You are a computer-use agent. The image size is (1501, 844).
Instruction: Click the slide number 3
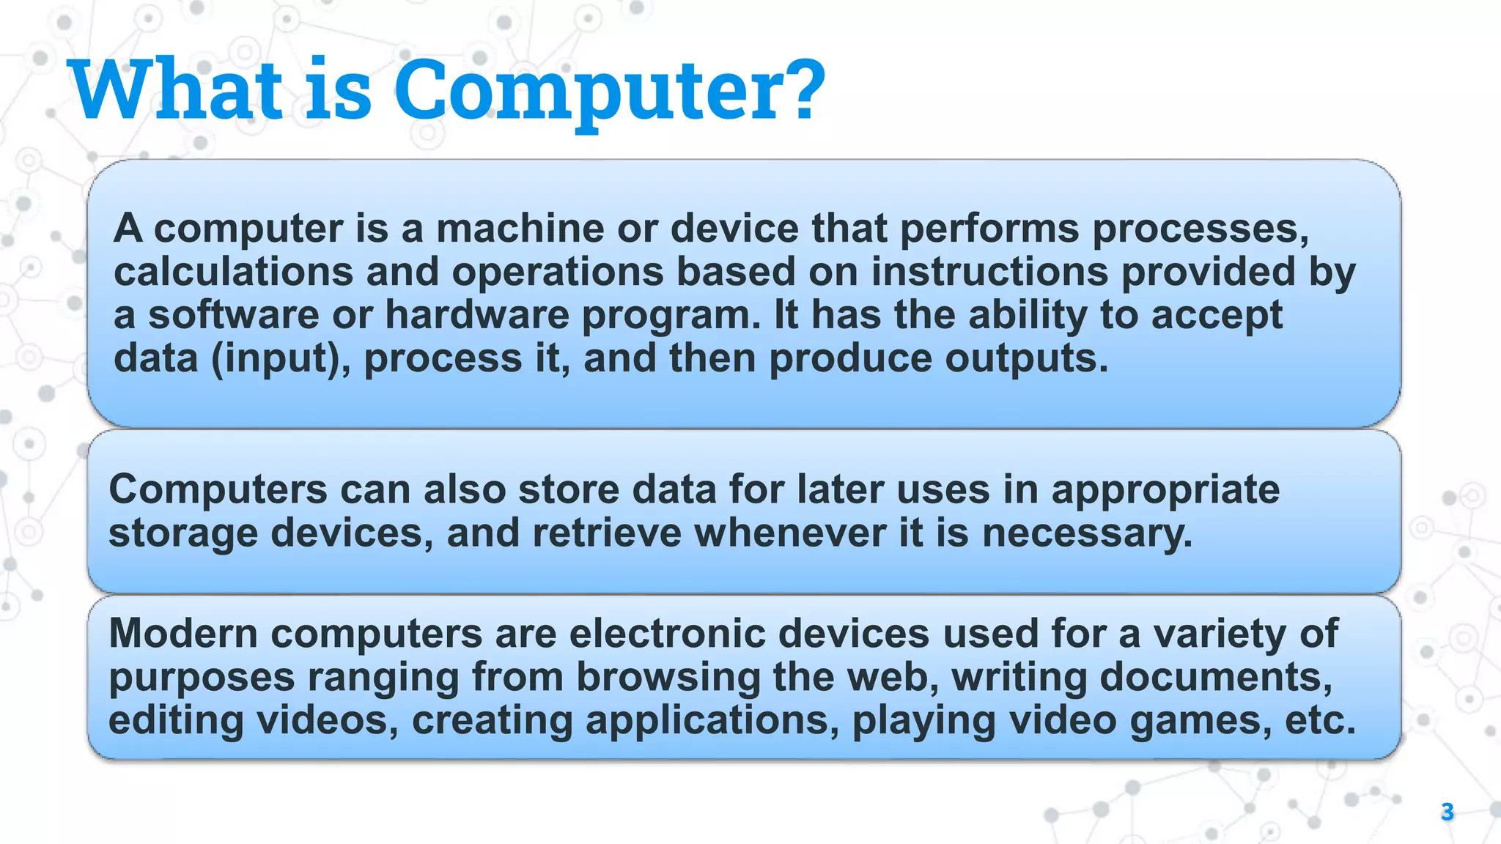tap(1447, 812)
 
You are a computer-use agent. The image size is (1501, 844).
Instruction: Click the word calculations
tap(234, 272)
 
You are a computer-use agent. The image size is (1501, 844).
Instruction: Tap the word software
tap(234, 315)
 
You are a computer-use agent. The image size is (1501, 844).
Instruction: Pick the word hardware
tap(476, 315)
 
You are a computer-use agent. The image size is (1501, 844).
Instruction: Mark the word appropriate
tap(1165, 490)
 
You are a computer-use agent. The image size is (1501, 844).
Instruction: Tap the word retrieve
tap(607, 533)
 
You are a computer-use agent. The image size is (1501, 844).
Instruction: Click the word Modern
tap(183, 633)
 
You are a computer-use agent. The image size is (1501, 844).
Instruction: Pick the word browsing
tap(668, 677)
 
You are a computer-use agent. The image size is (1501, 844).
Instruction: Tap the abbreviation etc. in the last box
tap(1320, 721)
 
